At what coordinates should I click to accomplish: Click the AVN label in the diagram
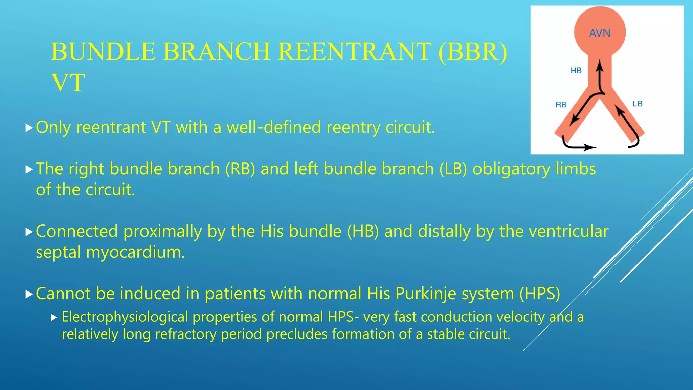[x=600, y=33]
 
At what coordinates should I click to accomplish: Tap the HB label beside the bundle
[x=576, y=70]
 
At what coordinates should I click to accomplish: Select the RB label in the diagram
[x=561, y=105]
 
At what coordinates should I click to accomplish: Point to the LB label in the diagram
[x=637, y=104]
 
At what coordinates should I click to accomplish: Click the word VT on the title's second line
[x=68, y=82]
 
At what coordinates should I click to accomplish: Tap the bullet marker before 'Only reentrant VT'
[x=29, y=128]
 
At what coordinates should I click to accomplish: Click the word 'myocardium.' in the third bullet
[x=135, y=252]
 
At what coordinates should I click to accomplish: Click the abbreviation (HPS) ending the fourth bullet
[x=540, y=294]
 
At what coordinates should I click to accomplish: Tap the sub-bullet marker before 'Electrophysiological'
[x=54, y=318]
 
